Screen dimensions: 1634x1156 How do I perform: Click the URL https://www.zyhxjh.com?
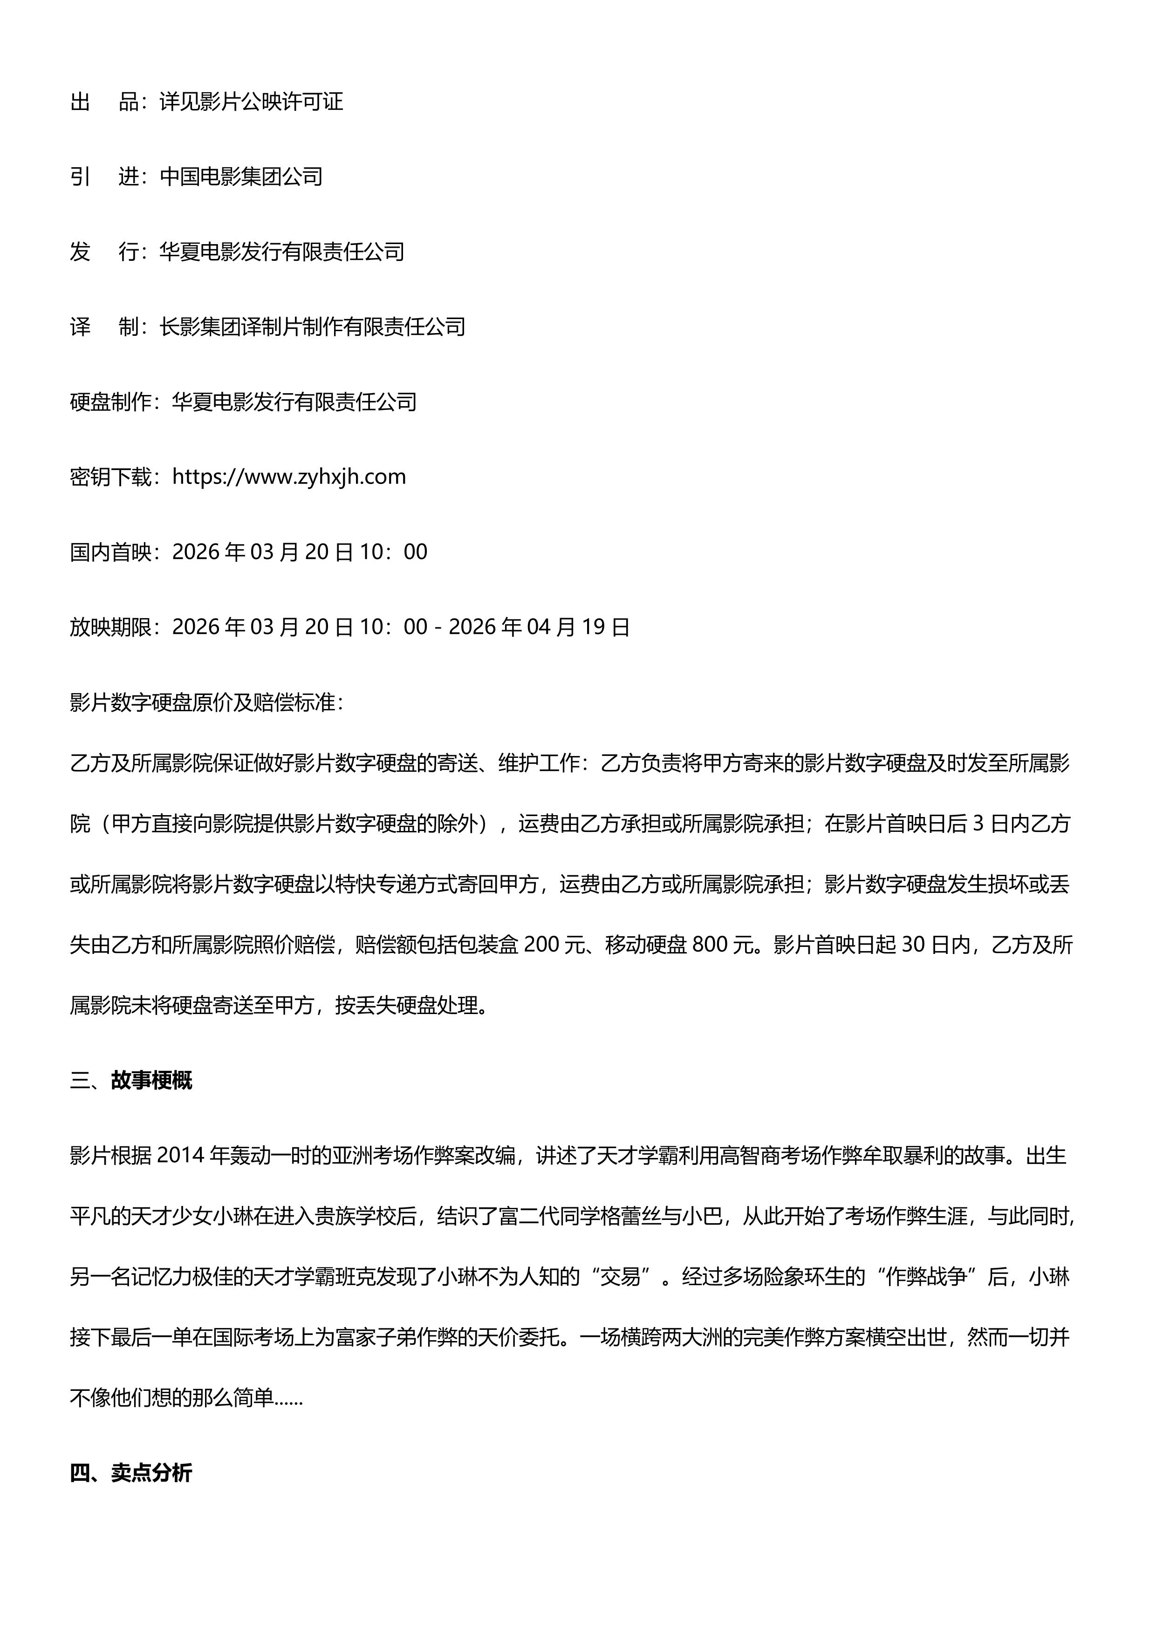pyautogui.click(x=289, y=477)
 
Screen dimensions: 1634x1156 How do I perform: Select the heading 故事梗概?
pyautogui.click(x=151, y=1081)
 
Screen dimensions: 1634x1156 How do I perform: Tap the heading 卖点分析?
pyautogui.click(x=151, y=1473)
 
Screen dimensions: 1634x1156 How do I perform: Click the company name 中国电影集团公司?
pyautogui.click(x=241, y=177)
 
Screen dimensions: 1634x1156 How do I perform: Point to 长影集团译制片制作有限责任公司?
pyautogui.click(x=313, y=327)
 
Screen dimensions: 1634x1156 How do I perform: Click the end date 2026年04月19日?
pyautogui.click(x=540, y=627)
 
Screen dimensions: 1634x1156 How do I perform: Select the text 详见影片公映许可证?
pyautogui.click(x=251, y=102)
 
